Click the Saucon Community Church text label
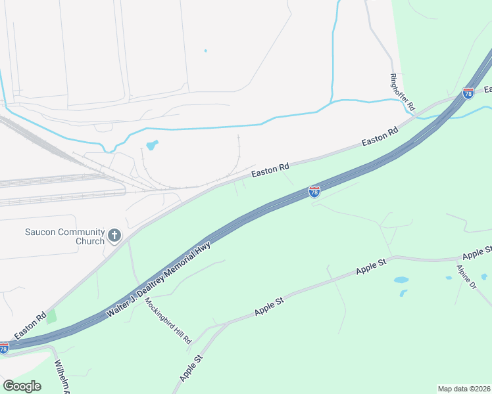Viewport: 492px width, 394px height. [x=64, y=236]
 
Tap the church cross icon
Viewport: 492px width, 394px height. [x=114, y=236]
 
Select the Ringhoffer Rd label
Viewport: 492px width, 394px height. [x=403, y=91]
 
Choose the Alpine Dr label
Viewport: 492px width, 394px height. [x=466, y=276]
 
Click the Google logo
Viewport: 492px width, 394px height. [x=22, y=386]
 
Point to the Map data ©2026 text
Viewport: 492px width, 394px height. [x=464, y=388]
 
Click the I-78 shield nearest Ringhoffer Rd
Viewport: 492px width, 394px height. [x=468, y=93]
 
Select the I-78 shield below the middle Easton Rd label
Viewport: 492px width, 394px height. [x=314, y=191]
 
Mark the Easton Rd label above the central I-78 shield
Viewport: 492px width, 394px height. [x=270, y=171]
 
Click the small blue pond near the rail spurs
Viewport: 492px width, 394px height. [x=152, y=145]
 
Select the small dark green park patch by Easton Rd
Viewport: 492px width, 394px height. [x=51, y=317]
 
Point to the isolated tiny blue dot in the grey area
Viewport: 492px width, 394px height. [x=205, y=51]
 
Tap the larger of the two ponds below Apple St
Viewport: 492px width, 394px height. [x=401, y=280]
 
